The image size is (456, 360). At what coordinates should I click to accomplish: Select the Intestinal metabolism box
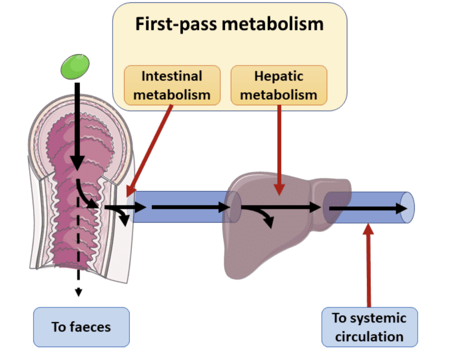coord(172,85)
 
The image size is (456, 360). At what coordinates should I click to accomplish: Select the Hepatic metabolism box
coord(278,85)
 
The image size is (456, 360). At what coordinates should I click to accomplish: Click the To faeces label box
coord(81,327)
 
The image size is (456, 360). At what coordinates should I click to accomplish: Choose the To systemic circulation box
coord(369,327)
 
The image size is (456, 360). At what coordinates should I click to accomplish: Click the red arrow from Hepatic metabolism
coord(279,150)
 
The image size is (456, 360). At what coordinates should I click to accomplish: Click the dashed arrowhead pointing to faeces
coord(79,292)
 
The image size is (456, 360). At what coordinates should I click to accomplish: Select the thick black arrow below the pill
coord(77,126)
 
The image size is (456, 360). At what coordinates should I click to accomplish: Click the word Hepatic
coord(278,76)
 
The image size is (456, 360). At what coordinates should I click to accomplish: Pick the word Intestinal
coord(172,76)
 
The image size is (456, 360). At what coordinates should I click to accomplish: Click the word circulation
coord(369,337)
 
